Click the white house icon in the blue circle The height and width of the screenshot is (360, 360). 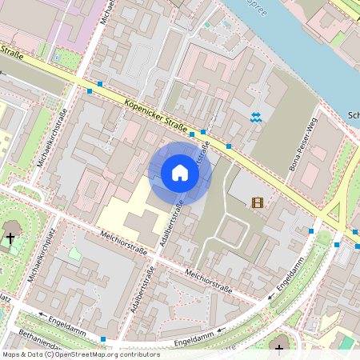(x=179, y=173)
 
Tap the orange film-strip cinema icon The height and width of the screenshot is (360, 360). (x=257, y=203)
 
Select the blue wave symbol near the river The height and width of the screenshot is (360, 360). (x=255, y=118)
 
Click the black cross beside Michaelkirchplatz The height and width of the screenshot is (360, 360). (x=10, y=238)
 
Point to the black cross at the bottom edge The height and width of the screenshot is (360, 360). (x=280, y=345)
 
